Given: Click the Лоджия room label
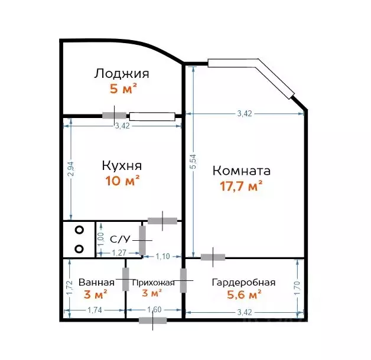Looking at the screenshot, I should tap(121, 74).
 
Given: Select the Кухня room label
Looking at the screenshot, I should tap(122, 165).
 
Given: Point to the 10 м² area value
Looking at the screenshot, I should tap(122, 181).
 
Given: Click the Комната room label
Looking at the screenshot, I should tap(241, 171).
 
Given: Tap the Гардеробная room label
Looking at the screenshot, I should tap(243, 283).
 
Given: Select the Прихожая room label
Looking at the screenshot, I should tap(152, 283).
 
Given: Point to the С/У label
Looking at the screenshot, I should tap(120, 239).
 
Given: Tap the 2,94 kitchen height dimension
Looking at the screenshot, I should tap(71, 168).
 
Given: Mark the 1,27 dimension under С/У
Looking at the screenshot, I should tap(119, 253).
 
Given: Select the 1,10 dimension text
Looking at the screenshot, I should tap(162, 257).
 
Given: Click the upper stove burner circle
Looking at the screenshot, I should tap(79, 231).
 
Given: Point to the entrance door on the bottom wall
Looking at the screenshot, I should tap(152, 320).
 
